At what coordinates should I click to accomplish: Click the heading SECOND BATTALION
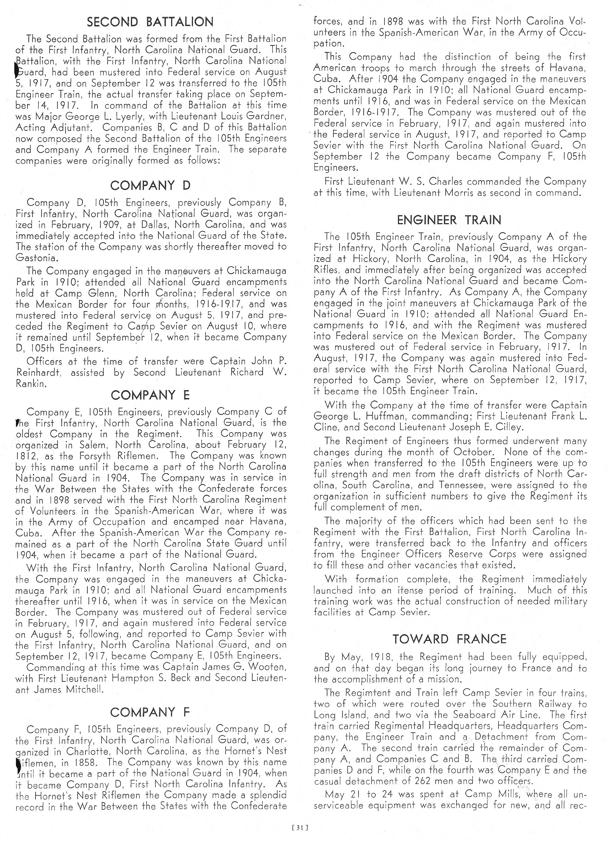pos(150,22)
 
